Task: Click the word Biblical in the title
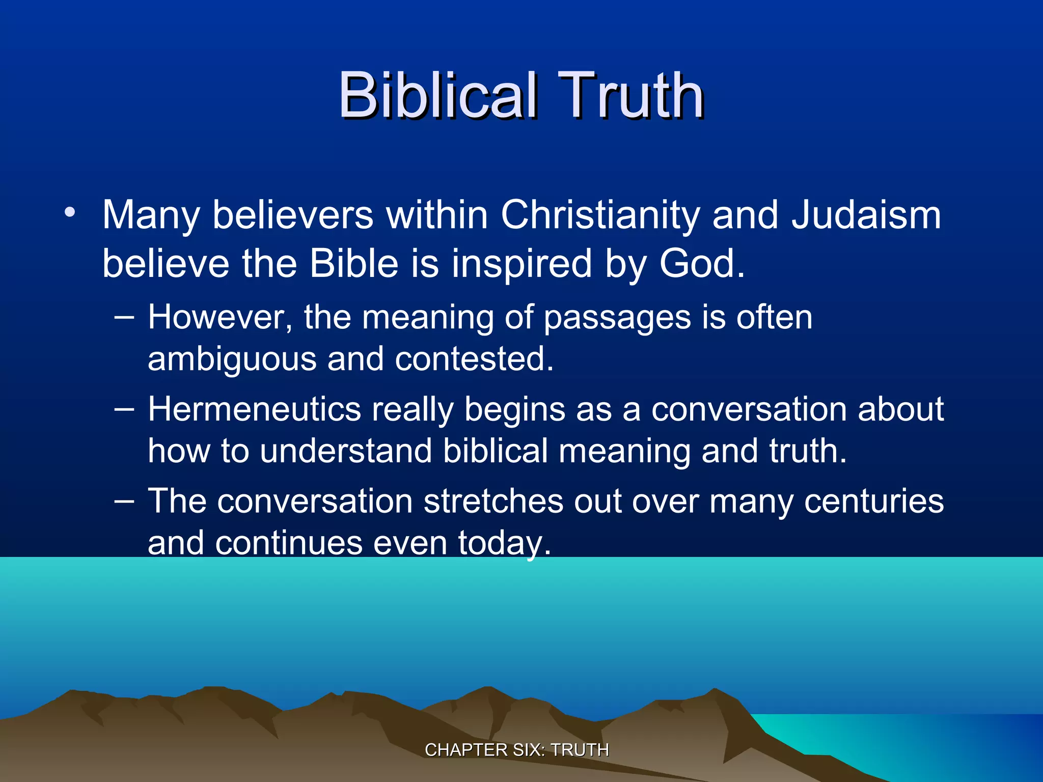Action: coord(438,95)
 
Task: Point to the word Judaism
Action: coord(866,215)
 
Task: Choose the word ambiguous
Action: coord(232,359)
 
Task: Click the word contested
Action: coord(474,359)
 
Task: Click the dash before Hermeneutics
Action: coord(124,409)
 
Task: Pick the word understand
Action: coord(346,451)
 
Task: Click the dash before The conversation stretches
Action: coord(124,501)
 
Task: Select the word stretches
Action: coord(493,501)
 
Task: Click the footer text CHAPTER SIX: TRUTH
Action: coord(516,750)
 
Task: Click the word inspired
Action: coord(521,263)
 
